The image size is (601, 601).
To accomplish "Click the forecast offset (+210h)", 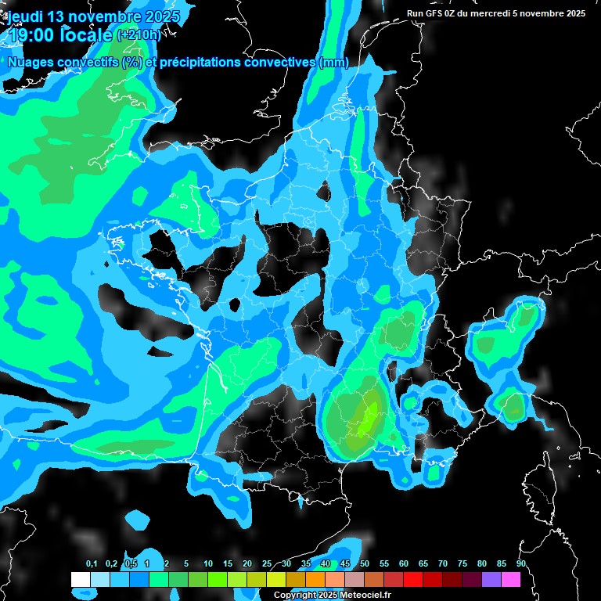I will [139, 35].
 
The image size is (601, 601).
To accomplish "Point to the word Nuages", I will [30, 62].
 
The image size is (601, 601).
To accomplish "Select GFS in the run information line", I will [437, 13].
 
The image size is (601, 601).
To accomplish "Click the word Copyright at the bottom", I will [295, 596].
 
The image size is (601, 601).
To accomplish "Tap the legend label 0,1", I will [92, 564].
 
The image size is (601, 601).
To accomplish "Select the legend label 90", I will [521, 564].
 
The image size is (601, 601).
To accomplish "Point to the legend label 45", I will [345, 564].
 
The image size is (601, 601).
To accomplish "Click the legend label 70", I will [443, 564].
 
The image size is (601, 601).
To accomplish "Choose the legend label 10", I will [208, 564].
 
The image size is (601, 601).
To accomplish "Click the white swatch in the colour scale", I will [81, 579].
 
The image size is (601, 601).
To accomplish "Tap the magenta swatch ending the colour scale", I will [511, 579].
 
